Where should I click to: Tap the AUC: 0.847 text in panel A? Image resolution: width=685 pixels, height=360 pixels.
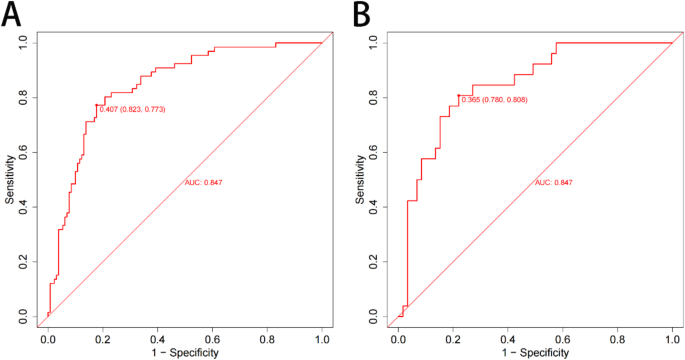tap(204, 182)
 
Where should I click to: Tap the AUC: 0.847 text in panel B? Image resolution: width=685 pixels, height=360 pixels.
tap(555, 182)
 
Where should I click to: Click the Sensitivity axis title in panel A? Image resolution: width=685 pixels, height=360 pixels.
tap(10, 179)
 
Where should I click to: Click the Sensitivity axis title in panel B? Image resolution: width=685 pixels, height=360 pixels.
tap(361, 179)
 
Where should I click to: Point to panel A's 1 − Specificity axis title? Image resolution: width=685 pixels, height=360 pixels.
tap(186, 353)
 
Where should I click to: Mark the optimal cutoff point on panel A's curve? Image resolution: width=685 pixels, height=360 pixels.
tap(97, 105)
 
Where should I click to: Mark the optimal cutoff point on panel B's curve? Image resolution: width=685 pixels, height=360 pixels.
tap(458, 96)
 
